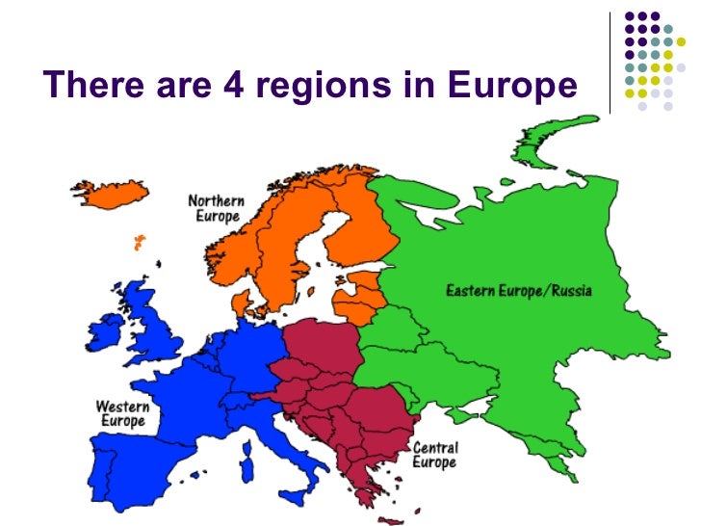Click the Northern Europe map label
tap(216, 207)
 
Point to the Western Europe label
tap(122, 414)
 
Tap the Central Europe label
tap(435, 455)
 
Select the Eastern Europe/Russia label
tap(518, 290)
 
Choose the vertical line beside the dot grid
tap(611, 63)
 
